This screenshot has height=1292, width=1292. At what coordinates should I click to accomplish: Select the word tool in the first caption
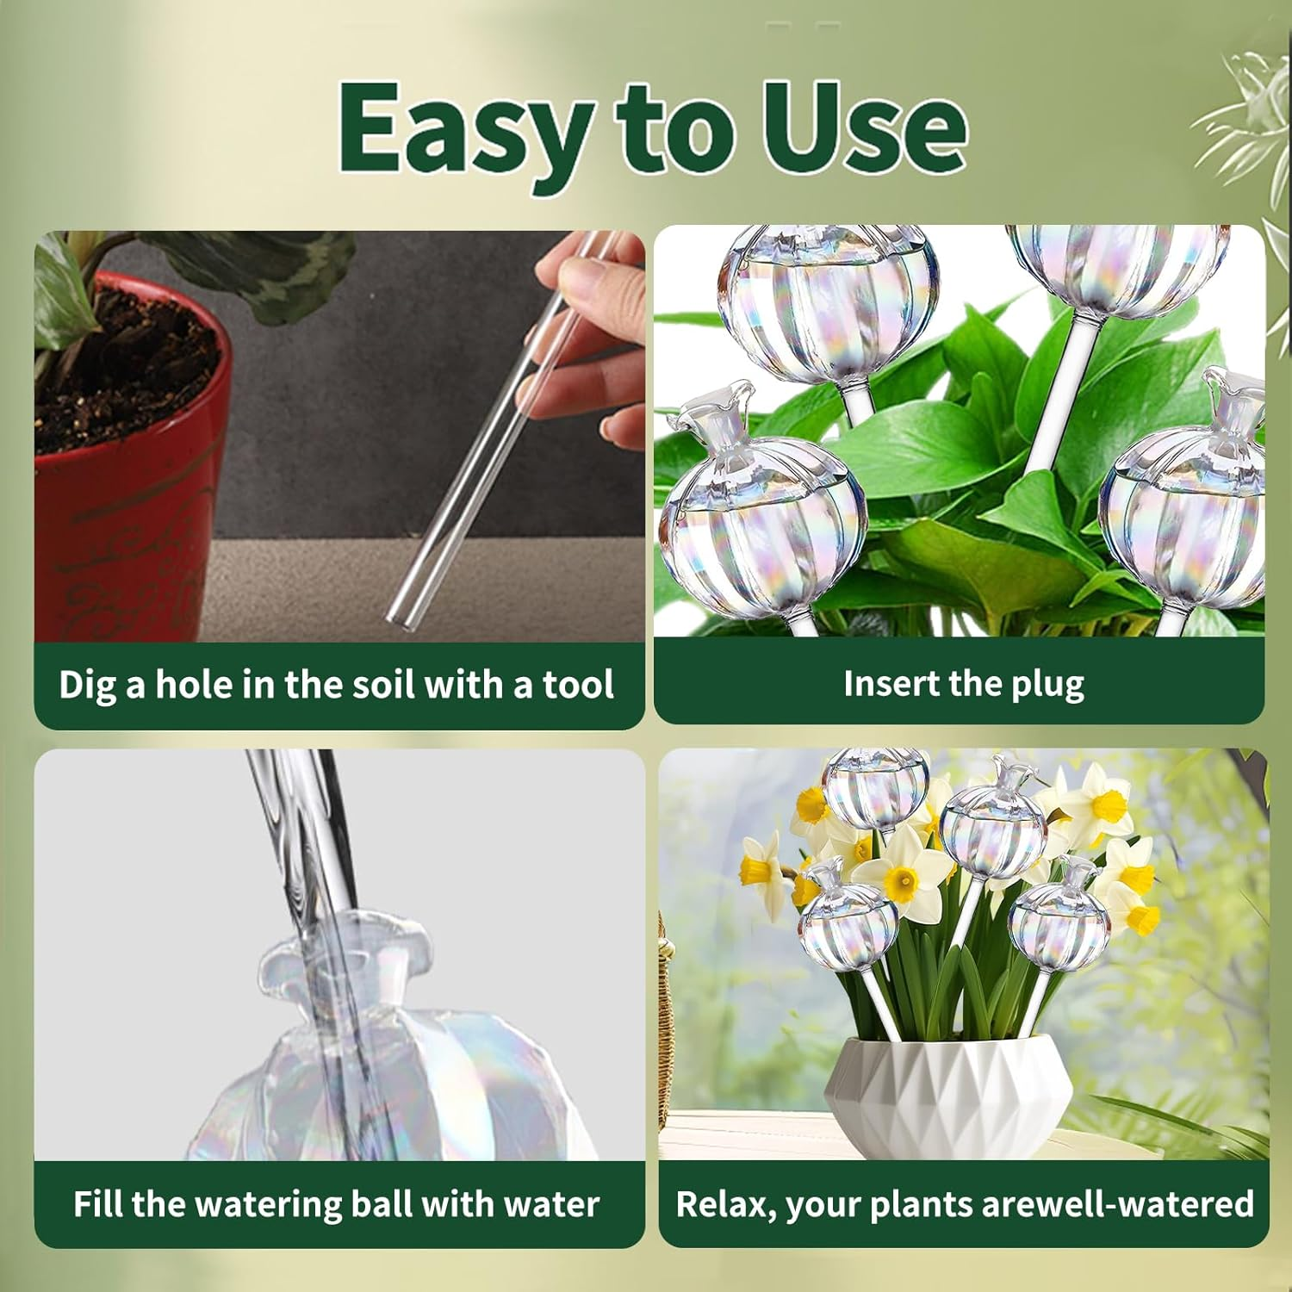tap(578, 685)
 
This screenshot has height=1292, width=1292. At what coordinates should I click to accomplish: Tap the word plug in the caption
tap(1047, 685)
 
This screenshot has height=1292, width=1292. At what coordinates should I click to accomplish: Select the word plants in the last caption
tap(922, 1205)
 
